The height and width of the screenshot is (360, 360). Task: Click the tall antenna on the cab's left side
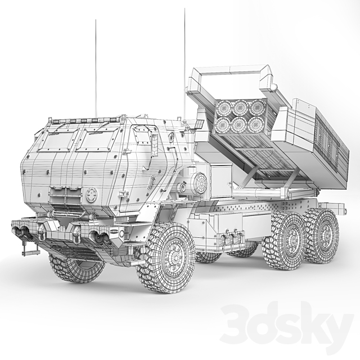click(96, 67)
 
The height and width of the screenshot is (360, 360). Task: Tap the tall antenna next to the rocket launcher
click(184, 56)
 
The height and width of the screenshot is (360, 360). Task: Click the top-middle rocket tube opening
click(241, 106)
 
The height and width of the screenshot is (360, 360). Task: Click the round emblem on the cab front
click(92, 195)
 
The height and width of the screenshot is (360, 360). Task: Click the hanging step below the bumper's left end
click(29, 247)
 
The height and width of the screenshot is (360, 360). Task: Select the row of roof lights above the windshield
click(84, 120)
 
